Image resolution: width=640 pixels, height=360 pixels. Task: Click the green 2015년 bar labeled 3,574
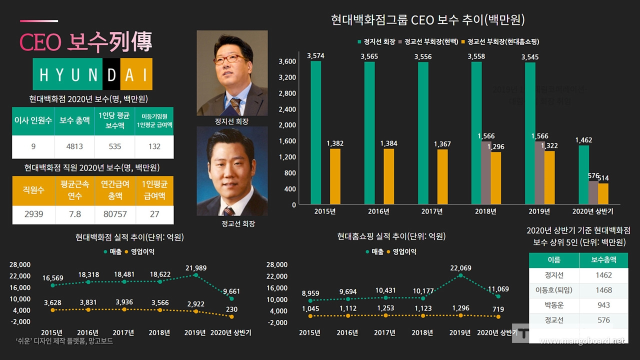pos(315,133)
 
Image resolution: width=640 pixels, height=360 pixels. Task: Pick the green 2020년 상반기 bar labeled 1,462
pos(583,175)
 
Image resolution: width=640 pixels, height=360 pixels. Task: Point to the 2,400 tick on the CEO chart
pos(287,109)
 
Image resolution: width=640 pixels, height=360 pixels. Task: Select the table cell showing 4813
pos(74,146)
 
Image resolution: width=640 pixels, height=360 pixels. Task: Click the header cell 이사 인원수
pos(33,121)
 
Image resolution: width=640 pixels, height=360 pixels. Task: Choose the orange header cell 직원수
pos(33,190)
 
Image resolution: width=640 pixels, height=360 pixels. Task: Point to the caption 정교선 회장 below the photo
pos(238,223)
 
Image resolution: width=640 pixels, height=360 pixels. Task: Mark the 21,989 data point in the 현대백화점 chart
pos(196,275)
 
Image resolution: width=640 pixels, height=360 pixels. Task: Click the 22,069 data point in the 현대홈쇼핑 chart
pos(460,275)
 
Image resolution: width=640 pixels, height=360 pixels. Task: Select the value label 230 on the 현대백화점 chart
pos(231,310)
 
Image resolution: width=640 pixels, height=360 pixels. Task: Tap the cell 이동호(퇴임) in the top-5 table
pos(553,290)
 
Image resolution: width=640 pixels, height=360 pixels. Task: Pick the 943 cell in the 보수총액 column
pos(603,305)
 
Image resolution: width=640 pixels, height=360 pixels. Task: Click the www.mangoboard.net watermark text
pos(582,341)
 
